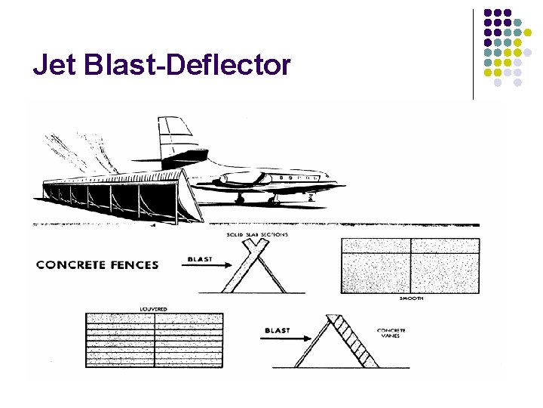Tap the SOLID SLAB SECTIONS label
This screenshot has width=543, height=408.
coord(256,235)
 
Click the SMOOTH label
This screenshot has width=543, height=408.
coord(412,299)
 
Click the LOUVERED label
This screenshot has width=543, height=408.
coord(154,309)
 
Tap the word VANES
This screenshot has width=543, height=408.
coord(392,338)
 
